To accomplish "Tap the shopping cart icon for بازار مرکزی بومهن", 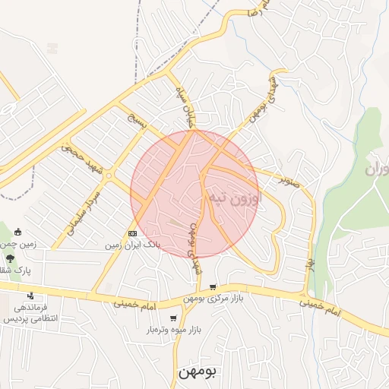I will coord(212,287).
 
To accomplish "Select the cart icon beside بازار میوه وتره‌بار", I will coord(174,319).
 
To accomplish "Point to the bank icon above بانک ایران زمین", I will coord(132,233).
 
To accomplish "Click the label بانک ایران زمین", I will coord(133,246).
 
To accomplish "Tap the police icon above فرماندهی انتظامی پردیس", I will coord(30,296).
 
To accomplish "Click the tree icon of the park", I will coord(9,258).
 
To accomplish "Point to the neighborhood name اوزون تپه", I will coord(233,199).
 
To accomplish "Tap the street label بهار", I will coord(310,263).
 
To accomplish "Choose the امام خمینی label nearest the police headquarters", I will coord(133,304).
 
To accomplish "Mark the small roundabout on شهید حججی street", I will coord(109,176).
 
